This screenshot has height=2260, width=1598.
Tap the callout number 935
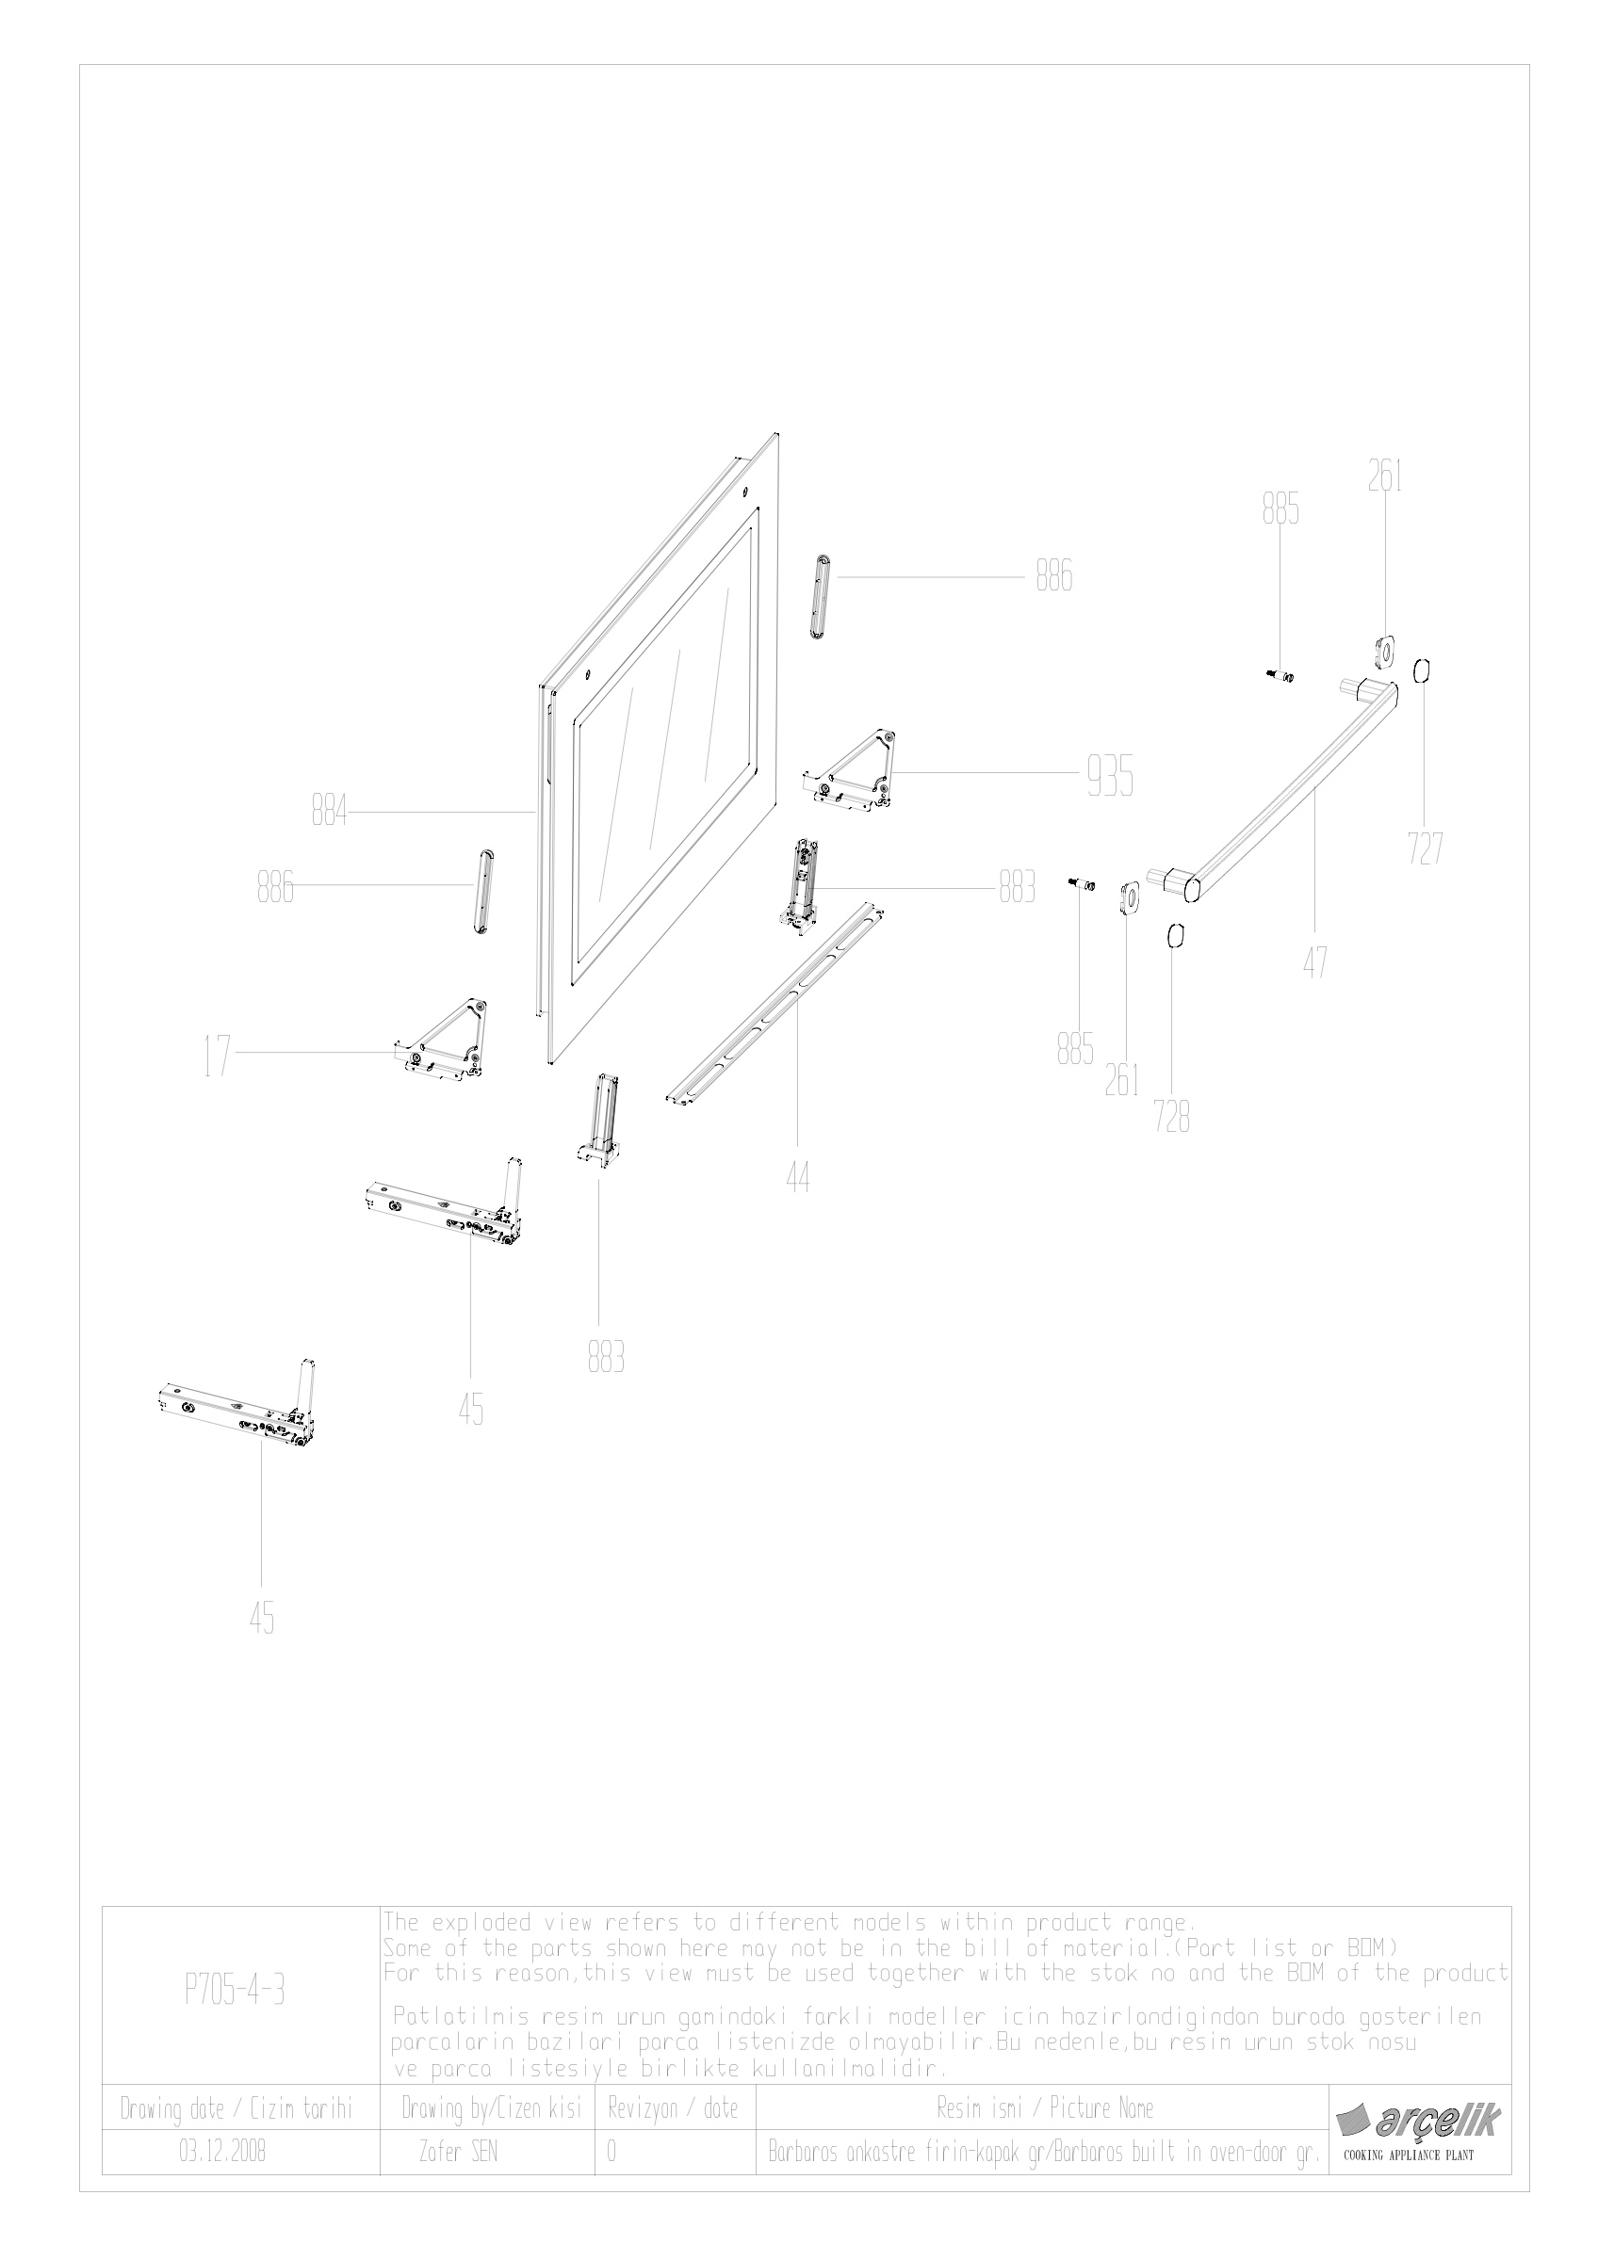[1110, 778]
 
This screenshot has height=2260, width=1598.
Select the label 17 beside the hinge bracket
[217, 1058]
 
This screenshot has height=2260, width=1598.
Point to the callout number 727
[1425, 847]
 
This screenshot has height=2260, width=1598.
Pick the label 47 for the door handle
[1315, 960]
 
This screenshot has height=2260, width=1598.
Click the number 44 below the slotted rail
[797, 1177]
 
